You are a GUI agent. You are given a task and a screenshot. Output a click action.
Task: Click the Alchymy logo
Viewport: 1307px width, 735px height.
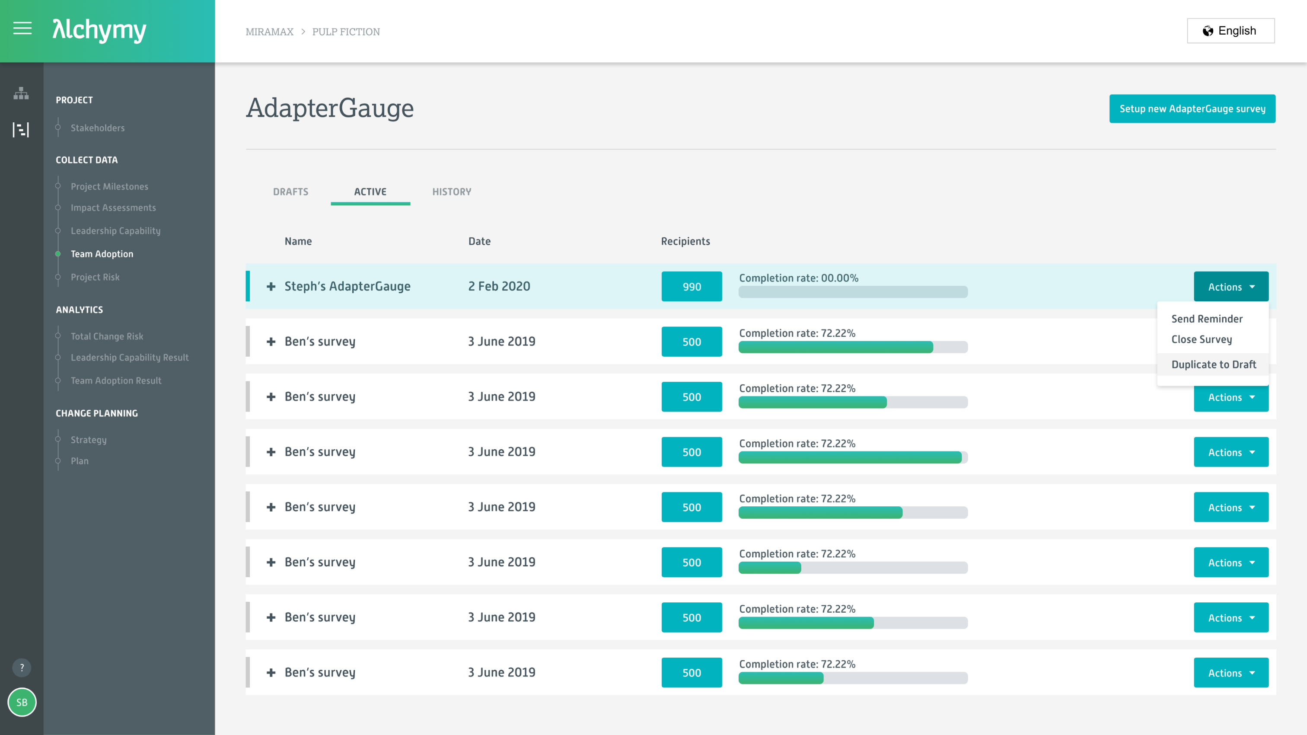99,30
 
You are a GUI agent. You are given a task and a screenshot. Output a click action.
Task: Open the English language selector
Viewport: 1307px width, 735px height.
1230,31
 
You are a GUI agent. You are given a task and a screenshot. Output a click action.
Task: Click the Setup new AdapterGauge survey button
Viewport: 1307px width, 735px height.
1192,109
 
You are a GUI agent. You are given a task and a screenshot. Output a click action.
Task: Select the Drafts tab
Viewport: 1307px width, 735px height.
290,192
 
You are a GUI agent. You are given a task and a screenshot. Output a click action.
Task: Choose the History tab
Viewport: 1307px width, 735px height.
451,192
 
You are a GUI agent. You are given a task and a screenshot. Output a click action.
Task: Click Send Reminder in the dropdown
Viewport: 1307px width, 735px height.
1207,319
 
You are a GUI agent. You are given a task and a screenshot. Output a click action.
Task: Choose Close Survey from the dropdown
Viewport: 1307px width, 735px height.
1201,339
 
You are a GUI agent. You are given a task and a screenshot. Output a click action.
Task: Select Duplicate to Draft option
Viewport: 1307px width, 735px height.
1213,364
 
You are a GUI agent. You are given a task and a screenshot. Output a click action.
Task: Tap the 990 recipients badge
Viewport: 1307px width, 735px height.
691,287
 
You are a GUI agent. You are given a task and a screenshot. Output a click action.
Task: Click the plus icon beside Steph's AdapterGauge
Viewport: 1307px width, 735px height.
271,287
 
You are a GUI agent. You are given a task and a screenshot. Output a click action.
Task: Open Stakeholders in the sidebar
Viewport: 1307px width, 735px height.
97,128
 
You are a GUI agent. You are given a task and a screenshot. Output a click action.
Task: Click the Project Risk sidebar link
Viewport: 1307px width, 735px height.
95,277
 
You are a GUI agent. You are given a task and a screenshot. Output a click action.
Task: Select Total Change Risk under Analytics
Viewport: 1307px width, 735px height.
107,336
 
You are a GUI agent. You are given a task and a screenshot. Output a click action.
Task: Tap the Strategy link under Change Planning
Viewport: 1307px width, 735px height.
88,440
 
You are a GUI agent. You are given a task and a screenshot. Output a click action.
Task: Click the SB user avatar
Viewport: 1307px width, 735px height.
22,702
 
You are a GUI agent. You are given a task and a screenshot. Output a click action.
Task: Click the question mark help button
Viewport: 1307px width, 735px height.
22,668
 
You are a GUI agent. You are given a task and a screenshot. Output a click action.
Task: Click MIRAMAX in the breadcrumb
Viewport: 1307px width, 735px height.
269,32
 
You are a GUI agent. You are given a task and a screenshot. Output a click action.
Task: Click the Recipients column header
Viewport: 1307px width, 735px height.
685,241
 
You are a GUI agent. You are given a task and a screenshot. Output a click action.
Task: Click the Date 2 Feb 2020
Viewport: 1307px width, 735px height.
499,286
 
